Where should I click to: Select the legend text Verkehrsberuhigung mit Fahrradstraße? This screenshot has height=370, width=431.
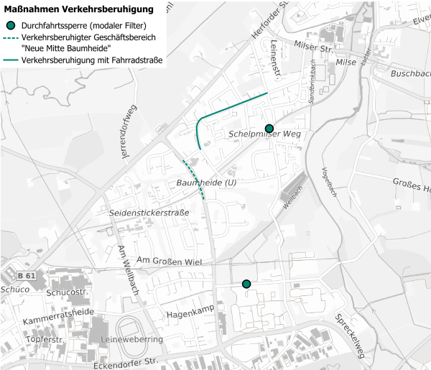click(x=92, y=60)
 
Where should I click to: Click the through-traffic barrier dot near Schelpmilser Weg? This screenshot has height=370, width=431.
click(x=269, y=129)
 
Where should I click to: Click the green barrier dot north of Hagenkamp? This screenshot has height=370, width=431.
click(x=246, y=284)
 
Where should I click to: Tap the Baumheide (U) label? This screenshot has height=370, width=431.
click(x=206, y=184)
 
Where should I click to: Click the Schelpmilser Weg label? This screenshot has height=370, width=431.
click(x=263, y=135)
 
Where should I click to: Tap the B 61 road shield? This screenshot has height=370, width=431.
click(x=27, y=276)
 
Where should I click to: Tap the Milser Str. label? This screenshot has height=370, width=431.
click(x=311, y=48)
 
